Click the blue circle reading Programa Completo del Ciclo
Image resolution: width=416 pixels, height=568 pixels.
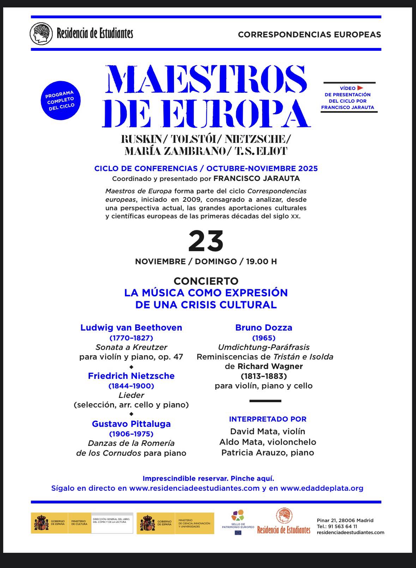60,101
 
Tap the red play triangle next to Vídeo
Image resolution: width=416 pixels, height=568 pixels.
360,88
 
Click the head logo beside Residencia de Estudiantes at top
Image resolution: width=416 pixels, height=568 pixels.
41,34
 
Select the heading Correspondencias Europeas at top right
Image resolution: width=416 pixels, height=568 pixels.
309,35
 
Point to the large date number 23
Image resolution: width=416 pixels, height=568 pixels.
206,242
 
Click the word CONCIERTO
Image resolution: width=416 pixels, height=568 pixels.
206,281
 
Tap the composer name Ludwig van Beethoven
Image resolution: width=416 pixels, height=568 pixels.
131,327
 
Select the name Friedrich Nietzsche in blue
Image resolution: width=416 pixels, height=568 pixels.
131,376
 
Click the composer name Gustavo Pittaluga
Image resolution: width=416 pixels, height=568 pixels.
131,424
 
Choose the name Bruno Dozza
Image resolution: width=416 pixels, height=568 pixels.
264,327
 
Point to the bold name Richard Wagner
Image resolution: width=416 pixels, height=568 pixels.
270,366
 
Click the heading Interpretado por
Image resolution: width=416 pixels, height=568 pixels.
267,419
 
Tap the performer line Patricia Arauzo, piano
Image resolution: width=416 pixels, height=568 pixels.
267,453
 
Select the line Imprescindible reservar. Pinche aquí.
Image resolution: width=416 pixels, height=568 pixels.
208,478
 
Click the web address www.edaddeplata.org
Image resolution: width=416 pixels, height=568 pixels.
322,488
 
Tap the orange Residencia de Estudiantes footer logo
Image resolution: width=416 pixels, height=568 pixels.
284,521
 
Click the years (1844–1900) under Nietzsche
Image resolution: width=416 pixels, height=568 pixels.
131,386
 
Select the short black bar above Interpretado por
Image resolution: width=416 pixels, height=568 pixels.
265,401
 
